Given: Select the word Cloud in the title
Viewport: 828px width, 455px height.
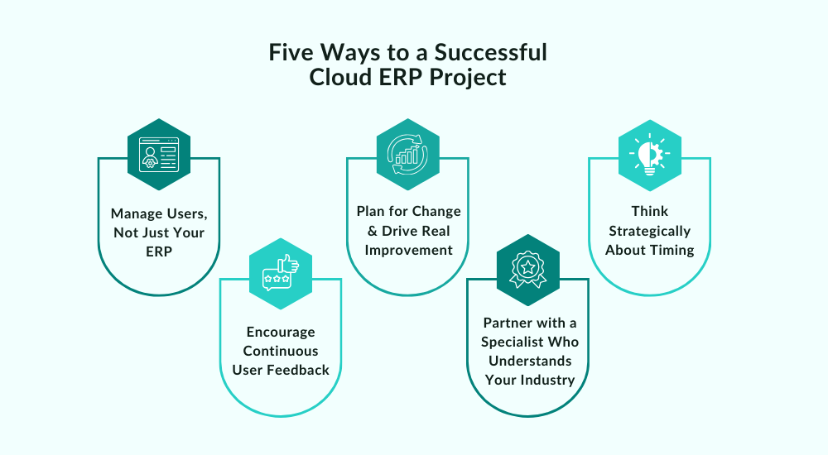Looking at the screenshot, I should coord(341,79).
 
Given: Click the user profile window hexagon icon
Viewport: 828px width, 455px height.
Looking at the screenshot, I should coord(159,154).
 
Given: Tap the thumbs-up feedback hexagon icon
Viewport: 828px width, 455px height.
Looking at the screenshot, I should coord(281,275).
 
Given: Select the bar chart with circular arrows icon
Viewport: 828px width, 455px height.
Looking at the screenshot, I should coord(407,154).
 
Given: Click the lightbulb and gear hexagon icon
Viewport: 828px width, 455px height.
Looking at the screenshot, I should coord(650,154).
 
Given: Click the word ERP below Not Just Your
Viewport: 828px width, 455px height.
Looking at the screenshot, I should coord(159,251).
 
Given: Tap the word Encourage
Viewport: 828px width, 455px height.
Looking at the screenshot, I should coord(280,332).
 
